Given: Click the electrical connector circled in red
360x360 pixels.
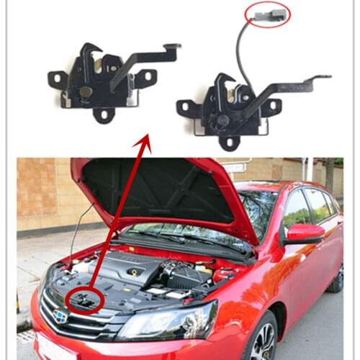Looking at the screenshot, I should click(x=267, y=14).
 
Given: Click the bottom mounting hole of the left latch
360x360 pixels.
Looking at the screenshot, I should click(x=104, y=113).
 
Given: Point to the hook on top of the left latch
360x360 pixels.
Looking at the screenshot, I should click(x=87, y=52).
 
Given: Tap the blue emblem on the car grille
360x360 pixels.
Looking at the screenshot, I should click(x=60, y=315).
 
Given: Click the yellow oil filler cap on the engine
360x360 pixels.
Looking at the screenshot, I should click(x=133, y=272).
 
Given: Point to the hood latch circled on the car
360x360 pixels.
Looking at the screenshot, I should click(x=85, y=300).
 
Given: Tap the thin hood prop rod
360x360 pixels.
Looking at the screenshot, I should click(x=80, y=230).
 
